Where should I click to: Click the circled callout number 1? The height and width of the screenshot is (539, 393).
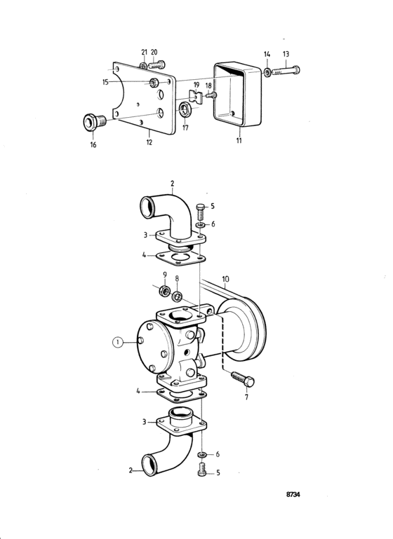(118, 342)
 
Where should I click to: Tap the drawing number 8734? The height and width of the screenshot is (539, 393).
(293, 494)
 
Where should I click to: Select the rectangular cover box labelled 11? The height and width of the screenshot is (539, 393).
(237, 95)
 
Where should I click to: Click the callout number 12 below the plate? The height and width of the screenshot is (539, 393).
(149, 142)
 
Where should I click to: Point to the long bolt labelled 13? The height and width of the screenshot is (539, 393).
(286, 71)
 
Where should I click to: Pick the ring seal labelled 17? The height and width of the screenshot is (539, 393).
(185, 109)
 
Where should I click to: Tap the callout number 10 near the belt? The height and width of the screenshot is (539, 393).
(225, 279)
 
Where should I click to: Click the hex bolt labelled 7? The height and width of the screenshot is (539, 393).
(244, 378)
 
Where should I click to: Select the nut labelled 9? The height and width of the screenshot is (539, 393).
(165, 292)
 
